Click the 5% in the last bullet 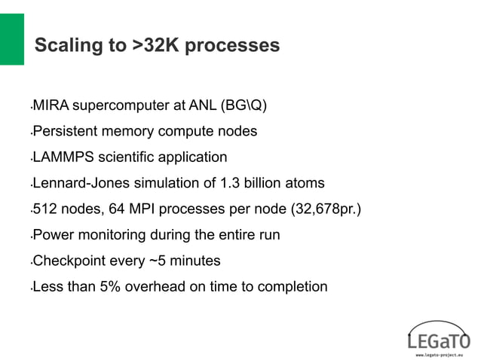(x=111, y=287)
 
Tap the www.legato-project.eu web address (x=440, y=352)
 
